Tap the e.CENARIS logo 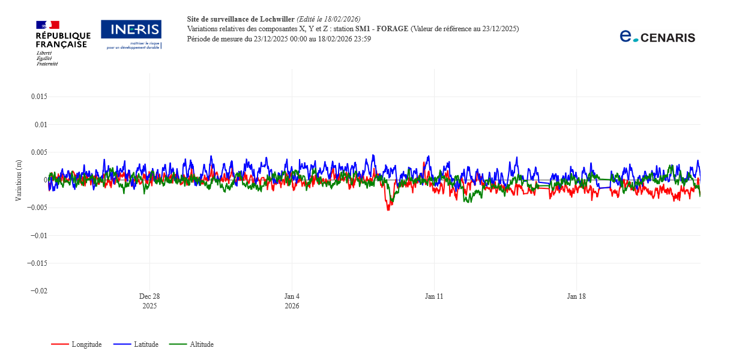tap(657, 37)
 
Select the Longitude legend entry tap(86, 344)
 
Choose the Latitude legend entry tap(145, 344)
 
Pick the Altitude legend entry tap(201, 344)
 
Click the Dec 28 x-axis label tap(149, 296)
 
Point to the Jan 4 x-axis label tap(292, 296)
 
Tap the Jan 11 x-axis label tap(434, 296)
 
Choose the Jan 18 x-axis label tap(576, 296)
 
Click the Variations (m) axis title tap(19, 180)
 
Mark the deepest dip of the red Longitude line tap(388, 209)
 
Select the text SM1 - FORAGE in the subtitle tap(382, 29)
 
